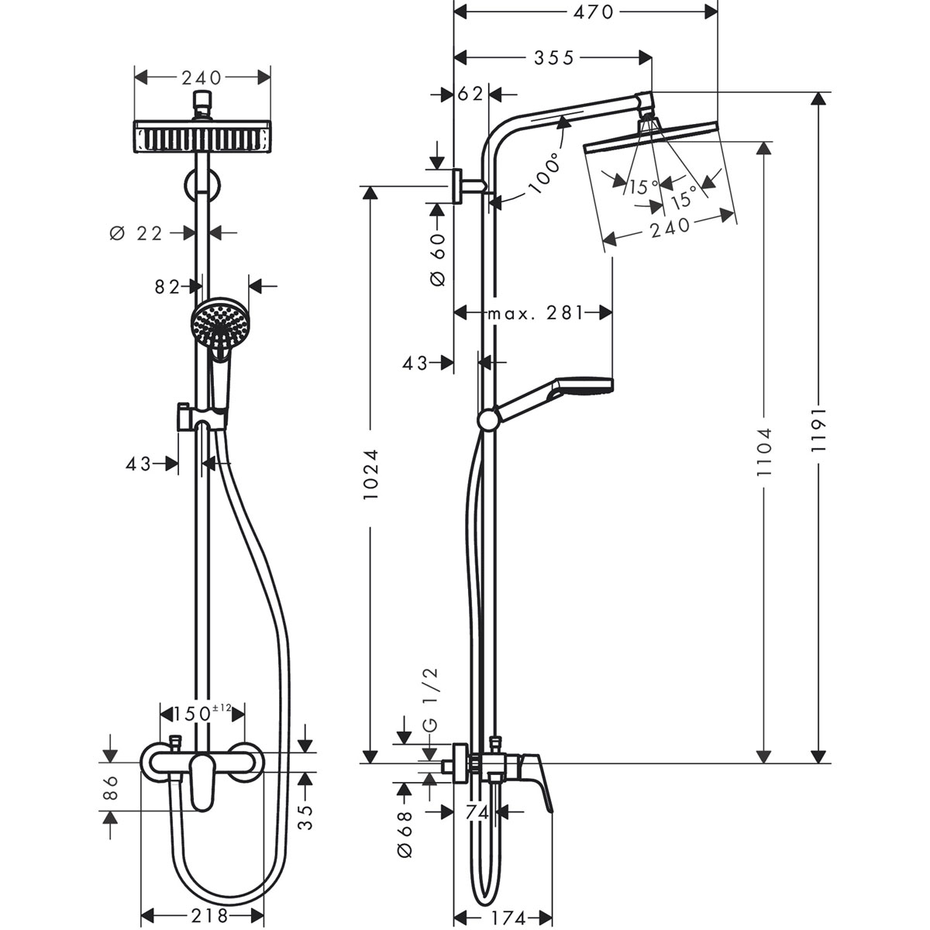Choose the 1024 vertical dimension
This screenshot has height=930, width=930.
371,473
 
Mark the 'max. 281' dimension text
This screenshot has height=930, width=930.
535,314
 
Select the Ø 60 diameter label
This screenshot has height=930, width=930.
438,258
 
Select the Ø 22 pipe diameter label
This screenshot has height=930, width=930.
136,232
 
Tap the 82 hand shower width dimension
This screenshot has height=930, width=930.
166,287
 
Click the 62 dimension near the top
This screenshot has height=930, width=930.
470,94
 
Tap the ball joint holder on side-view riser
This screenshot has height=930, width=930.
488,419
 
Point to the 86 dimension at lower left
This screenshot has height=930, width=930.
110,789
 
